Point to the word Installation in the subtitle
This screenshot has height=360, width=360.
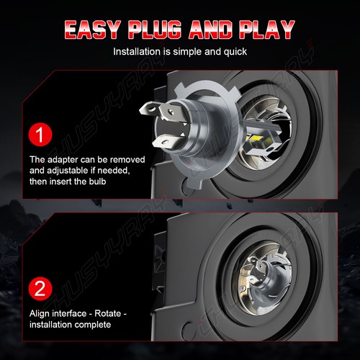(x=138, y=52)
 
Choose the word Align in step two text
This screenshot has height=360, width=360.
(x=42, y=313)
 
